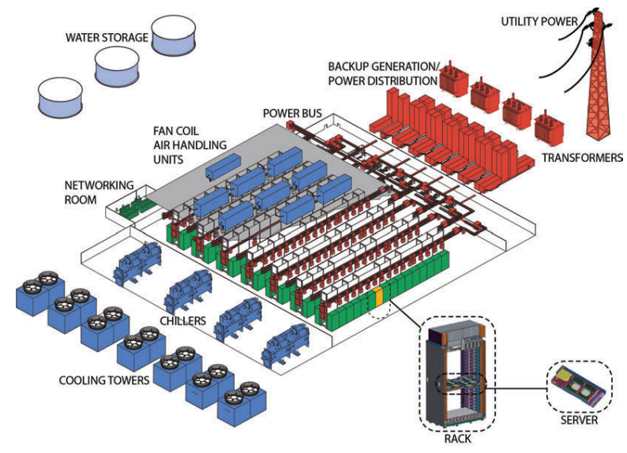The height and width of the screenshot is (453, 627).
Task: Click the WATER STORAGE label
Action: [106, 36]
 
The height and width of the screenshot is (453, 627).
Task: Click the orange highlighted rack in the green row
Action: [378, 298]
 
